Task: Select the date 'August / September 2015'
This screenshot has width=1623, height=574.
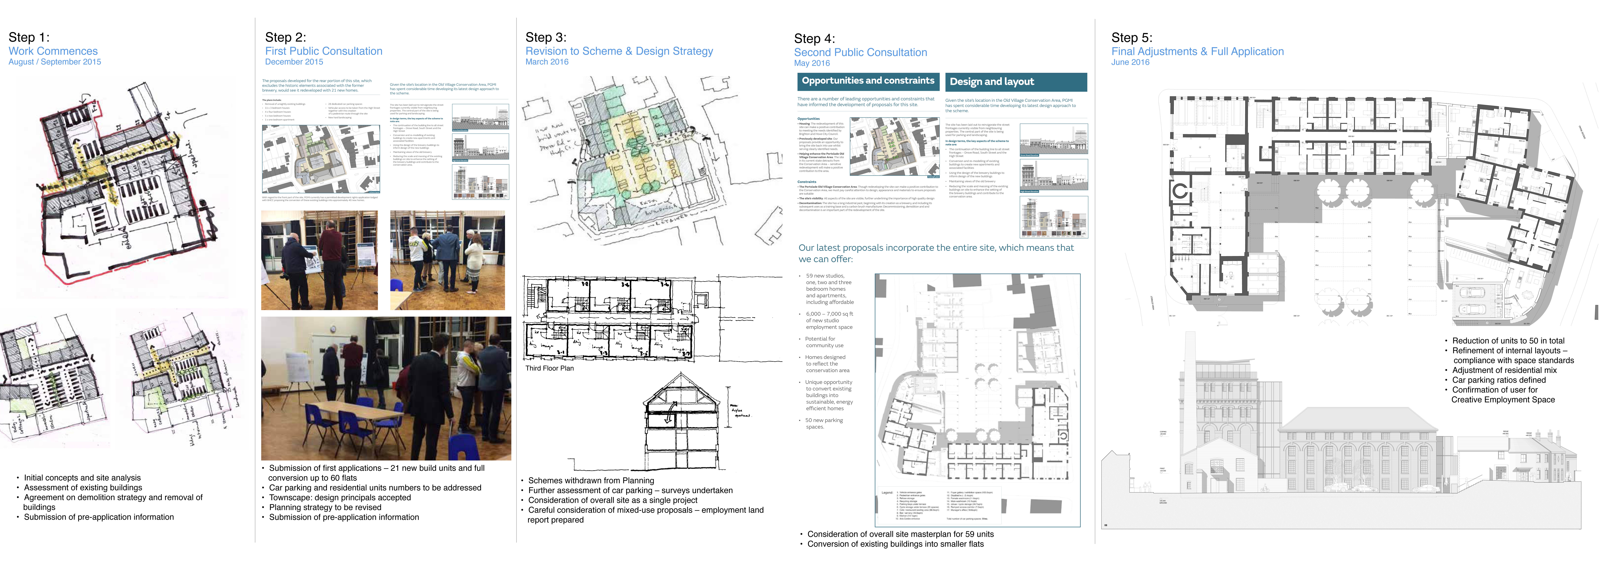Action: click(x=55, y=62)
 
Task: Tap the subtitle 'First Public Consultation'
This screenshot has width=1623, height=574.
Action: click(x=323, y=51)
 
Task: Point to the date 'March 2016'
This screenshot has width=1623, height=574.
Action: click(x=547, y=62)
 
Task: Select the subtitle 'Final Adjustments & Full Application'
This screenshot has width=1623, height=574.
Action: click(x=1197, y=52)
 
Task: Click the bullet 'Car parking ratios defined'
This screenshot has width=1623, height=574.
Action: click(x=1498, y=380)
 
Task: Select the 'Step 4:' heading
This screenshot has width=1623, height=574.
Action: click(x=814, y=38)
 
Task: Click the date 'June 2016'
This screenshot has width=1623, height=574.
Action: click(x=1130, y=62)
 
